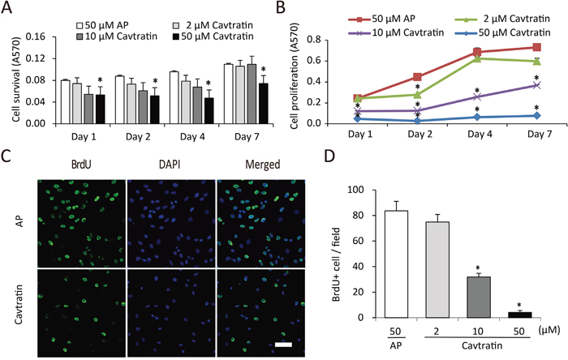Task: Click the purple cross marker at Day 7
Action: [x=537, y=85]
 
